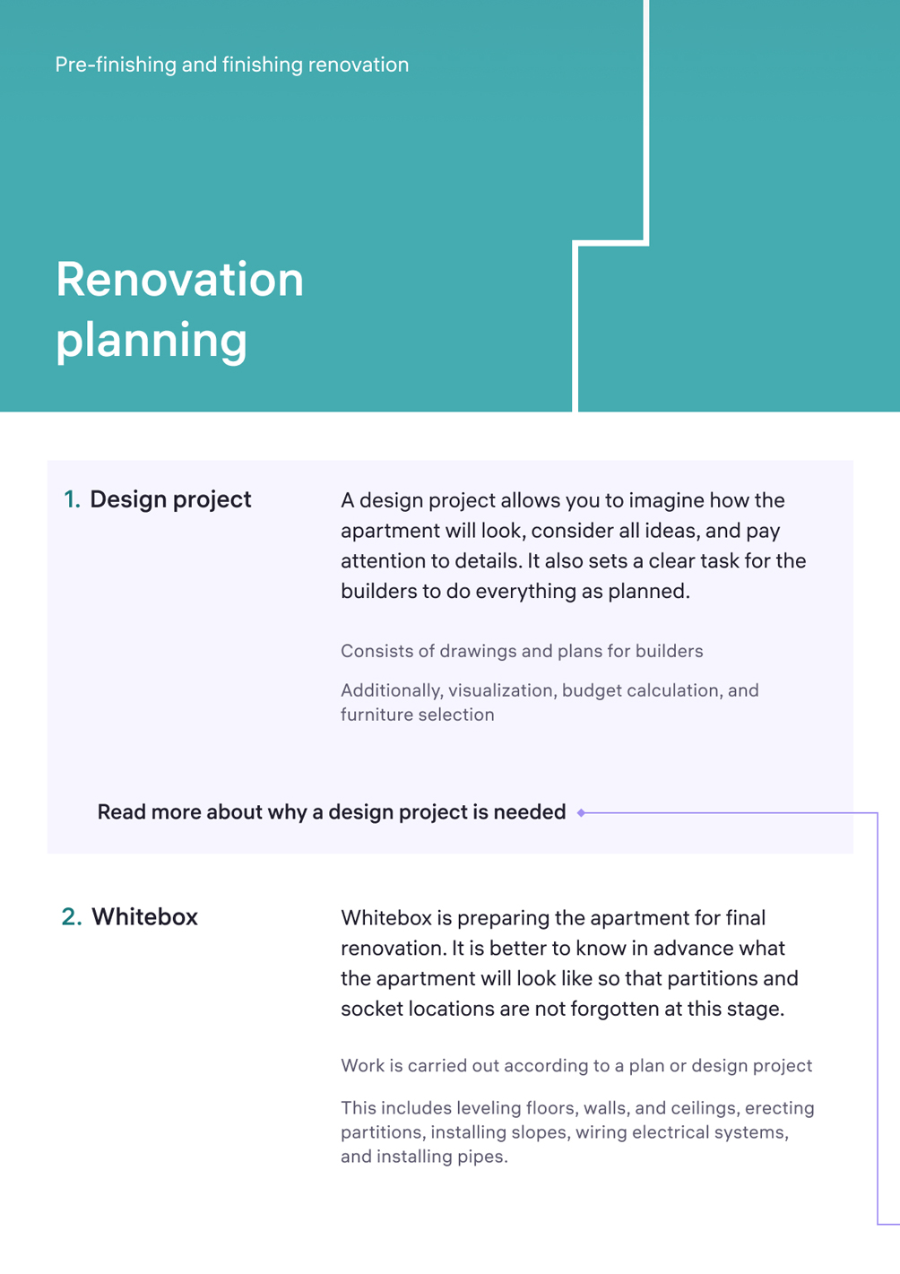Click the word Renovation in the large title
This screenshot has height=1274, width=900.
tap(179, 279)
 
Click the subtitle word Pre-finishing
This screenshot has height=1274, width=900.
tap(116, 65)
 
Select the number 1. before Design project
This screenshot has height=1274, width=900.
tap(72, 499)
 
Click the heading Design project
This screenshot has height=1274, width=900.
tap(170, 500)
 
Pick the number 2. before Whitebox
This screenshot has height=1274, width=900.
tap(72, 917)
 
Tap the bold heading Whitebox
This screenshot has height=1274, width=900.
tap(145, 917)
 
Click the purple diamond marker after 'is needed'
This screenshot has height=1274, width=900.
tap(581, 813)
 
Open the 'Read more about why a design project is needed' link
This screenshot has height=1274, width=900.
tap(332, 812)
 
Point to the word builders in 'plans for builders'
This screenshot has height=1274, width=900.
tap(669, 651)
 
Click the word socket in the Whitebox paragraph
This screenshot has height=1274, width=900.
tap(372, 1009)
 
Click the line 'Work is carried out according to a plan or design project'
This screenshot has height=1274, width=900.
tap(576, 1066)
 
